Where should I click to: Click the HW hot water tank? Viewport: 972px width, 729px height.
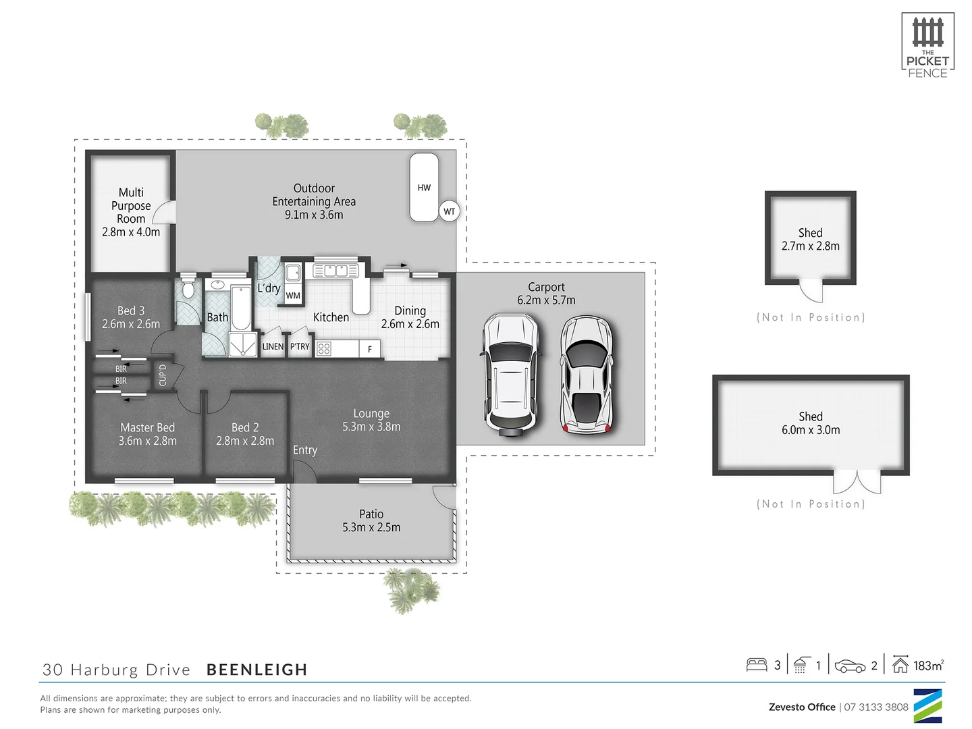[x=424, y=188]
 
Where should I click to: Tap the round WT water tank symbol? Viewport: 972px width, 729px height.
[x=449, y=211]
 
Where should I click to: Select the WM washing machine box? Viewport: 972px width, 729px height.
[x=293, y=295]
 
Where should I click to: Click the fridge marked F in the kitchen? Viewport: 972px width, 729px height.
[x=369, y=349]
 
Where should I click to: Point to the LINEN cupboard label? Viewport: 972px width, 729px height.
[x=273, y=346]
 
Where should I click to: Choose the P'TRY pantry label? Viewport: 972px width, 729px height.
[x=299, y=346]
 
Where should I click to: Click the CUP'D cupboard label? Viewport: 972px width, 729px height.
[x=162, y=375]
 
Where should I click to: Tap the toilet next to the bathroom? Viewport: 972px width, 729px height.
[x=188, y=288]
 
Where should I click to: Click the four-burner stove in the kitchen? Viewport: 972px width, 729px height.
[x=324, y=348]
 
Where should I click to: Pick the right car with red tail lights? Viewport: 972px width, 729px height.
[x=587, y=374]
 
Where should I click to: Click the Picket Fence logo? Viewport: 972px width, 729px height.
[x=927, y=46]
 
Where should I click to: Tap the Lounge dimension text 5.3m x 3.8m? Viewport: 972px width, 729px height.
[x=371, y=427]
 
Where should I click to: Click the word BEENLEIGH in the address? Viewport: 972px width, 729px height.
[x=256, y=670]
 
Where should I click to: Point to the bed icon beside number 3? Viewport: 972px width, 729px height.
[x=757, y=665]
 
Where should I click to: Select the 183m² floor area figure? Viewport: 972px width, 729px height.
[x=928, y=666]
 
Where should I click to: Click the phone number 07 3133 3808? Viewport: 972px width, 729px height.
[x=876, y=707]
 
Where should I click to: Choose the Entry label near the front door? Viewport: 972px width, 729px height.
[x=305, y=450]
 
